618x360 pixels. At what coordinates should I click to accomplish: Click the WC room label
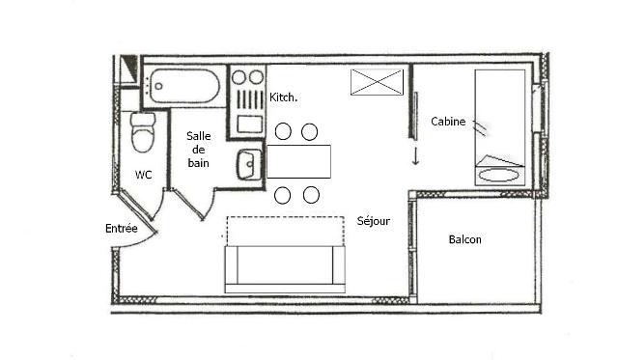pyautogui.click(x=143, y=175)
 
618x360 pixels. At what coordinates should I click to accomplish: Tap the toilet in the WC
pyautogui.click(x=143, y=132)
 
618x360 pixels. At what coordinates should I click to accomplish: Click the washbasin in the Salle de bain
pyautogui.click(x=249, y=165)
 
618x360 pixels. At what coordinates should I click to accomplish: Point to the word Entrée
pyautogui.click(x=122, y=229)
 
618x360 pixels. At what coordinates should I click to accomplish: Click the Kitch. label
pyautogui.click(x=283, y=97)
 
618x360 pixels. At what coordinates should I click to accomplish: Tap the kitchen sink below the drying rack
pyautogui.click(x=250, y=125)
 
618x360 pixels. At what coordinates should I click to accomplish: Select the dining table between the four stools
pyautogui.click(x=298, y=161)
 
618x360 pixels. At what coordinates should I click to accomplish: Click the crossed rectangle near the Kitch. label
pyautogui.click(x=378, y=82)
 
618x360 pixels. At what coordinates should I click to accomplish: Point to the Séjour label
pyautogui.click(x=374, y=221)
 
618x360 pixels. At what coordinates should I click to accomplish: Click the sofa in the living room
pyautogui.click(x=285, y=269)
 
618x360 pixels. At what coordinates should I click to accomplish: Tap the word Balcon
pyautogui.click(x=465, y=239)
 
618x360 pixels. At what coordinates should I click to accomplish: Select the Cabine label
pyautogui.click(x=448, y=122)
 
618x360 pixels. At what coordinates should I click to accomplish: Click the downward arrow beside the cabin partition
pyautogui.click(x=416, y=156)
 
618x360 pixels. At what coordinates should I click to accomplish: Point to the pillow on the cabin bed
pyautogui.click(x=499, y=176)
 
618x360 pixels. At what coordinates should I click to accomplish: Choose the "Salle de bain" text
pyautogui.click(x=199, y=150)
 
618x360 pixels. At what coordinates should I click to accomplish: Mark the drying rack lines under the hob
pyautogui.click(x=250, y=99)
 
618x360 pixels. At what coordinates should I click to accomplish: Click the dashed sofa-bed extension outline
pyautogui.click(x=285, y=232)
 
